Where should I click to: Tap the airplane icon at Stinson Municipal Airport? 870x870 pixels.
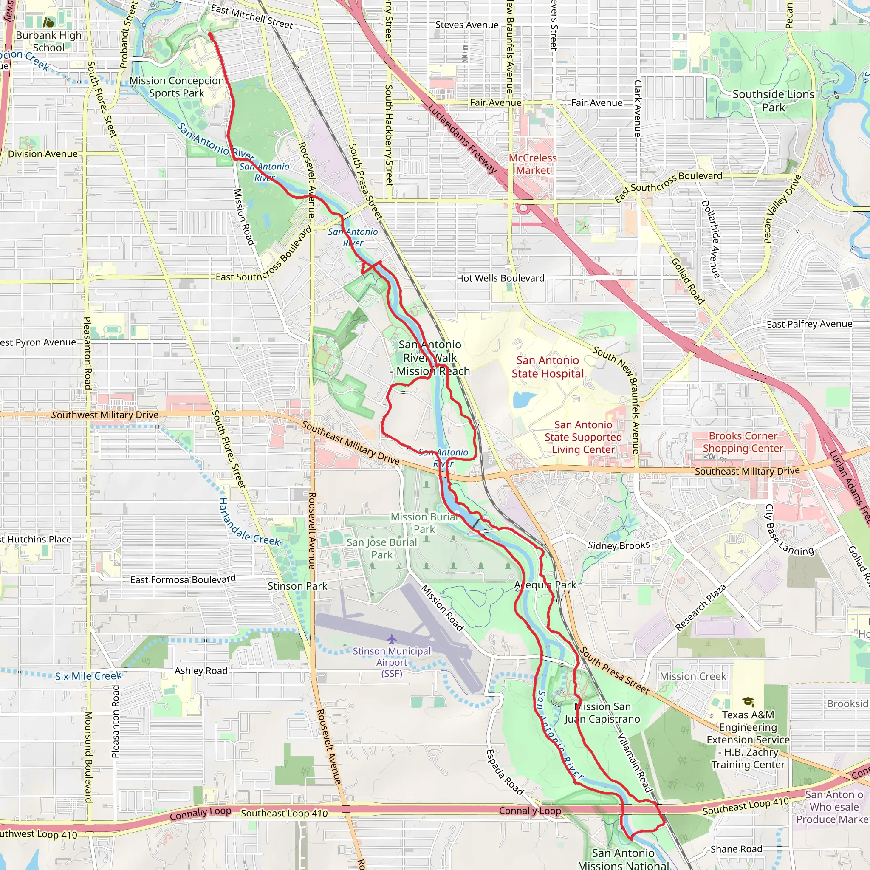pos(391,638)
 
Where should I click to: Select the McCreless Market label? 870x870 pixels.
pos(533,164)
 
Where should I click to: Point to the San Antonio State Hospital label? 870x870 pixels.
pos(547,367)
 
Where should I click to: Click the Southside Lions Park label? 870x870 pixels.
pos(773,100)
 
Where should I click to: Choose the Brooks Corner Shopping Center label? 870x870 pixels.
pos(743,442)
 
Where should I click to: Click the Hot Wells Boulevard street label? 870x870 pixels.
pos(500,278)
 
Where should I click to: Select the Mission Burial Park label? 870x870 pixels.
pos(424,523)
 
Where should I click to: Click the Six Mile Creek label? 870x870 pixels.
pos(88,676)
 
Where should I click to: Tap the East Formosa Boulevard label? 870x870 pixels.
pos(182,579)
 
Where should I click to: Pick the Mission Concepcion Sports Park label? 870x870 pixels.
pos(177,87)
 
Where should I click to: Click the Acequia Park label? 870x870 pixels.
pos(545,585)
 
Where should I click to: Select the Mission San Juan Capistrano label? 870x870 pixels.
pos(602,713)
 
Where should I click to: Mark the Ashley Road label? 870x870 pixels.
pos(201,670)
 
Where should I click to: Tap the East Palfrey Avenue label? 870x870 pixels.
pos(809,324)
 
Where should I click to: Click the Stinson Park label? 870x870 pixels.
pos(297,586)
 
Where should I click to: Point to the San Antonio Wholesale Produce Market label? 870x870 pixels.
pos(834,807)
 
